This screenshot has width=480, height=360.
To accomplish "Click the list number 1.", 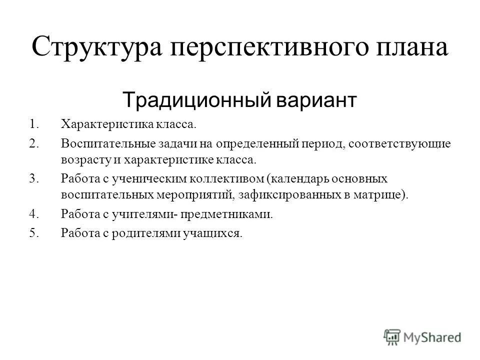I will (x=33, y=123).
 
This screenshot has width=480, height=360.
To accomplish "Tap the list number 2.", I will (x=33, y=144).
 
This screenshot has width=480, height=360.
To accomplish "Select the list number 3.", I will (x=33, y=178).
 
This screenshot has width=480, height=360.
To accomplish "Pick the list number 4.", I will (x=33, y=215).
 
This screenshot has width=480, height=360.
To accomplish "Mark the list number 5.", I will (x=33, y=233).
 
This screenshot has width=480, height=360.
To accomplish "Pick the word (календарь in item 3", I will (x=299, y=178).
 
